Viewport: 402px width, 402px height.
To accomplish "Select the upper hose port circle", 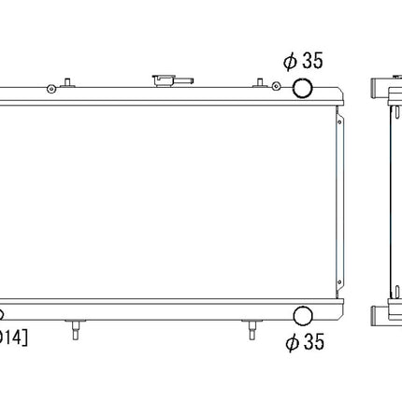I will coord(304,88).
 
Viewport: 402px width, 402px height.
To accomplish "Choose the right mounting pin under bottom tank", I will coord(252,329).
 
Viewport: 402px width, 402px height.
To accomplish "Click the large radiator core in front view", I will coord(168,201).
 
